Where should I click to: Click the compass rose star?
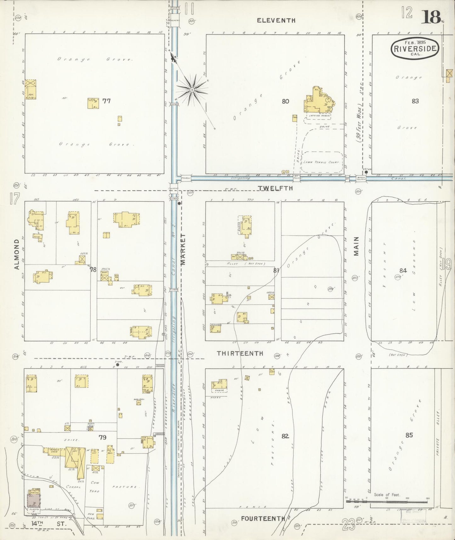(191, 90)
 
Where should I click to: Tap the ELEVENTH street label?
(276, 20)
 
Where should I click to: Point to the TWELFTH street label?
(275, 188)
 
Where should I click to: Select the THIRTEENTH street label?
(240, 353)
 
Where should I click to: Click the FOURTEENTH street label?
(263, 518)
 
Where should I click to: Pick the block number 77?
(106, 101)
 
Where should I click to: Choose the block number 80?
(285, 101)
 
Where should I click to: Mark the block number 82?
(285, 436)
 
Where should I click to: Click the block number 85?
(409, 435)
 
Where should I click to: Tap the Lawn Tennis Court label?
(321, 162)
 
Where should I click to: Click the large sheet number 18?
(431, 17)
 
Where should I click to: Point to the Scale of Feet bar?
(387, 500)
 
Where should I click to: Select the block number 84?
(403, 270)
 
